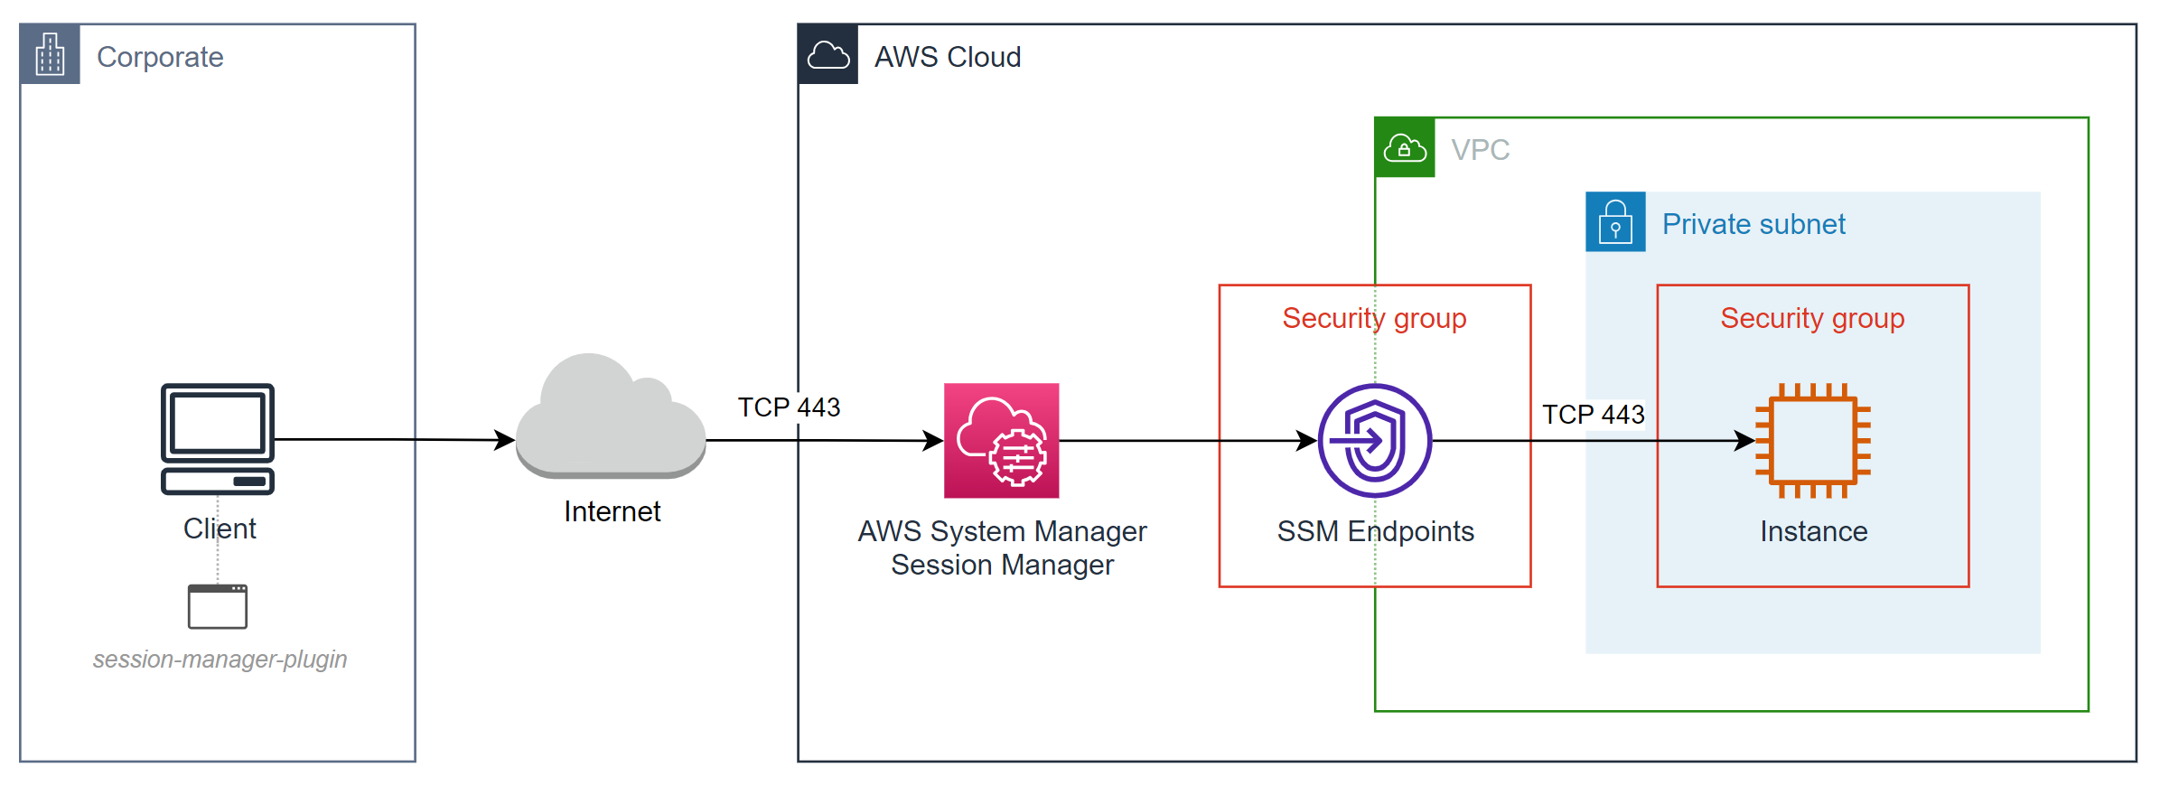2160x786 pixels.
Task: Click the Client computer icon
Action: [x=218, y=439]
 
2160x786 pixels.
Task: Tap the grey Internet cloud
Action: [x=611, y=419]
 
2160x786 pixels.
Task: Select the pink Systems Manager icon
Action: [x=1001, y=441]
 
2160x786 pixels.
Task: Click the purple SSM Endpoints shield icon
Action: [x=1374, y=441]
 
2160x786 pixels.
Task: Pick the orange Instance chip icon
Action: [x=1813, y=441]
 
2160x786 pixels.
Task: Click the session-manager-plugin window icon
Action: [x=218, y=606]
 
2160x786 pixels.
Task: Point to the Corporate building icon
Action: [x=51, y=55]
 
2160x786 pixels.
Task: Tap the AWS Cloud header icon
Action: [x=828, y=55]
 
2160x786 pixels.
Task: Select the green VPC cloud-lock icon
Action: [x=1405, y=148]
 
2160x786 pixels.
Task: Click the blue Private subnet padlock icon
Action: [x=1615, y=222]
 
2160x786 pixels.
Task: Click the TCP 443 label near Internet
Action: [x=789, y=407]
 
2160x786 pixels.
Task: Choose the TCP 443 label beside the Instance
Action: [x=1593, y=415]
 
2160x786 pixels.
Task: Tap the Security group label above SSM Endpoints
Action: [x=1374, y=319]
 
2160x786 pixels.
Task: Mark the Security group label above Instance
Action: [x=1812, y=319]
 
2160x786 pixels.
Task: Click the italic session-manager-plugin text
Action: [x=220, y=660]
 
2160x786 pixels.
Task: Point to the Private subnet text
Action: [x=1753, y=224]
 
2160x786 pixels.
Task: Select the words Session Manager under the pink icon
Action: [x=1002, y=566]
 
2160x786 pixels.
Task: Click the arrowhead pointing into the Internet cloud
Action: [x=505, y=440]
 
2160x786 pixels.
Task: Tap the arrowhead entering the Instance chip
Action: [x=1745, y=441]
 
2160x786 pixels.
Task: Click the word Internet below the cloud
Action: [x=612, y=512]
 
